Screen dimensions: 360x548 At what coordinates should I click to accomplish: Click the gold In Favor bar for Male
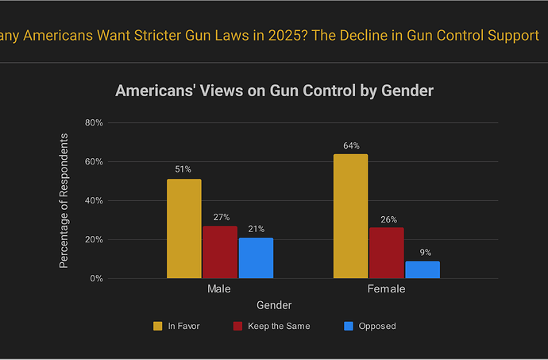[x=183, y=229]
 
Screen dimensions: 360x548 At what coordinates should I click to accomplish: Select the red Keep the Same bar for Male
[x=220, y=252]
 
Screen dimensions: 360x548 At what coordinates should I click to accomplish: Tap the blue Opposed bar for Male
[x=256, y=258]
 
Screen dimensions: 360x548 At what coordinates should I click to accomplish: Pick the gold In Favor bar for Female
[x=350, y=216]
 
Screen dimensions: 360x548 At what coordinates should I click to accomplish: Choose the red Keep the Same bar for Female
[x=387, y=253]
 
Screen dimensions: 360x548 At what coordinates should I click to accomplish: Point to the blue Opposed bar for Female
[x=423, y=269]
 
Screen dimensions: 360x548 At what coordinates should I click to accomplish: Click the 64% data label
[x=351, y=145]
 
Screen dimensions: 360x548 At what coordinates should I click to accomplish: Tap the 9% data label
[x=426, y=253]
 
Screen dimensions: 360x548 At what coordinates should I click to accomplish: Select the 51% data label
[x=183, y=169]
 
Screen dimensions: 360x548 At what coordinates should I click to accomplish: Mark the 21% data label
[x=256, y=229]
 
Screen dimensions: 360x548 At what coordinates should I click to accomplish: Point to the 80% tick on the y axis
[x=95, y=123]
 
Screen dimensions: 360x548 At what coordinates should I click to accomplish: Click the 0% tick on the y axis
[x=97, y=279]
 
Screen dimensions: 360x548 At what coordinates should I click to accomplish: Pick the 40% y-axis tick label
[x=95, y=201]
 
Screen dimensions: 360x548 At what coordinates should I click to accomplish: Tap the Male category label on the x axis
[x=219, y=289]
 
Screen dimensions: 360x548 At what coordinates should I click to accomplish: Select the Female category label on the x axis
[x=387, y=289]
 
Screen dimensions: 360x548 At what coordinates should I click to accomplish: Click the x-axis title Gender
[x=274, y=305]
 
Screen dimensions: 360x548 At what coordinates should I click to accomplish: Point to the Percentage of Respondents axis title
[x=64, y=200]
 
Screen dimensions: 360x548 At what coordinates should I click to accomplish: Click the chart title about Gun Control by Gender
[x=274, y=91]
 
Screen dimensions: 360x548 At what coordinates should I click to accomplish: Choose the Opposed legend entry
[x=370, y=326]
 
